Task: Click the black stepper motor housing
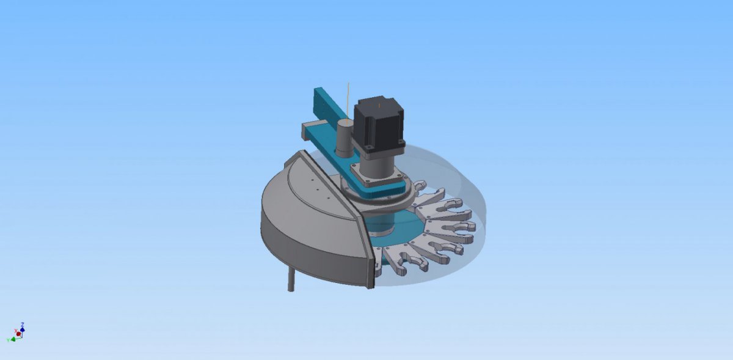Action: click(x=379, y=126)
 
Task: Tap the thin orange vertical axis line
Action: click(x=348, y=101)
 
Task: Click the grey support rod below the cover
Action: click(x=291, y=279)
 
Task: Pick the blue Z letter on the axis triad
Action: click(x=22, y=325)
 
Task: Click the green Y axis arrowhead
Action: click(x=13, y=339)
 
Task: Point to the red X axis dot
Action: click(x=19, y=334)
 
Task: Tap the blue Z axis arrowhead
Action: click(x=22, y=329)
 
